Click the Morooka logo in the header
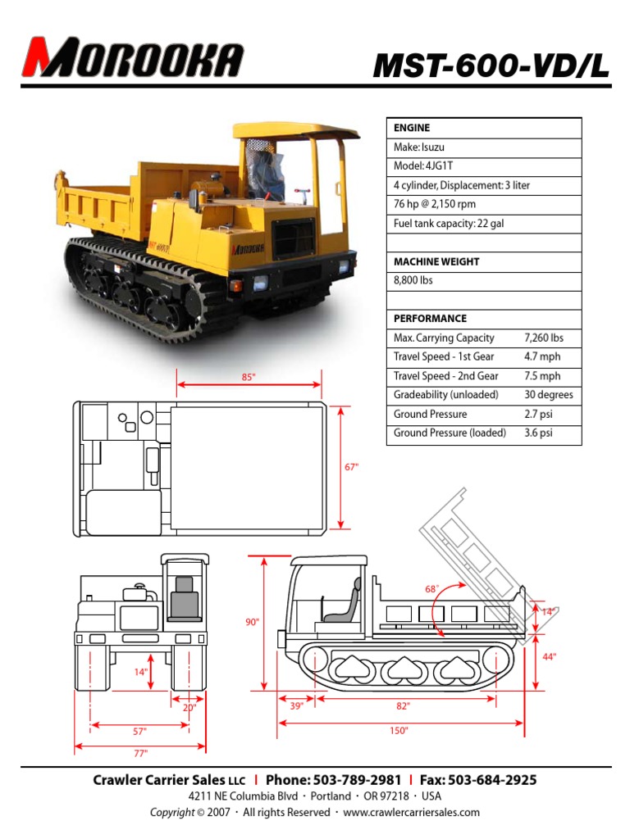pos(133,57)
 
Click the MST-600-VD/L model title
pos(491,65)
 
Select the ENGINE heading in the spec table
pos(412,128)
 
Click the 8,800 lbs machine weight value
pos(414,280)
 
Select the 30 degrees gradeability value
pos(548,395)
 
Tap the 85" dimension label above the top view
pos(249,377)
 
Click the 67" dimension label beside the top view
pos(351,467)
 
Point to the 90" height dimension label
pos(252,623)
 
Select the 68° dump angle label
pos(431,589)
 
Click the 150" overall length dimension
pos(399,731)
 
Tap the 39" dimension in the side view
pos(297,706)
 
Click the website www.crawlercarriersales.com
pos(411,812)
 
